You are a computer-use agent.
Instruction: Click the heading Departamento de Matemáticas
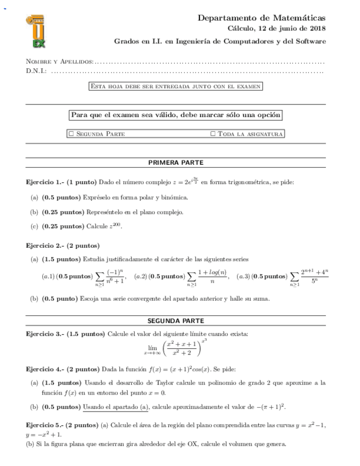(262, 18)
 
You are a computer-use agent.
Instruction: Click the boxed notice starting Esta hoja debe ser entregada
(175, 86)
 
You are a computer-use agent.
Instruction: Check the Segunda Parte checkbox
(71, 134)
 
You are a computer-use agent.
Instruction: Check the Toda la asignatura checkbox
(213, 134)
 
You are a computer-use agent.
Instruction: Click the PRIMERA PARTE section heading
(175, 163)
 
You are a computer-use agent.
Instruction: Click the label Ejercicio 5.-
(46, 426)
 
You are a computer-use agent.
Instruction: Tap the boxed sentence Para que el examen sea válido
(175, 115)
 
